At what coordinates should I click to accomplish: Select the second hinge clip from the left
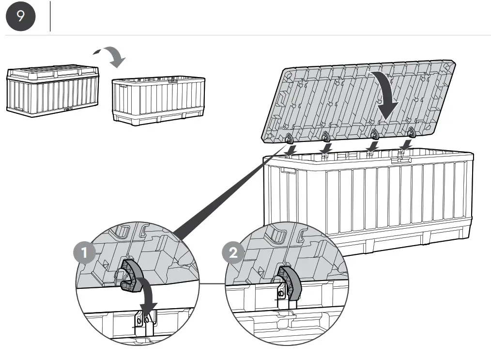(325, 135)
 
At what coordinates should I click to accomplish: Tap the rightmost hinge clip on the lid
(412, 131)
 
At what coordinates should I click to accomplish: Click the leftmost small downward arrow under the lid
(292, 151)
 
